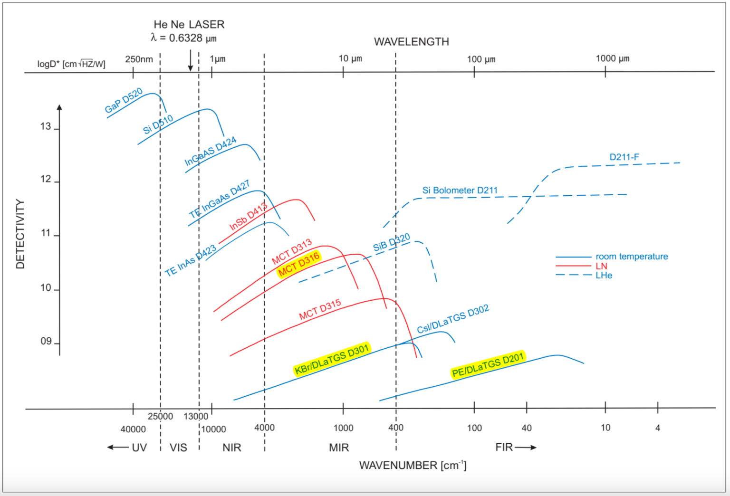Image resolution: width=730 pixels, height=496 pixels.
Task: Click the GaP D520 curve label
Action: pos(124,101)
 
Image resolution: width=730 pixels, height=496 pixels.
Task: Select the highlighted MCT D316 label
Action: pos(299,264)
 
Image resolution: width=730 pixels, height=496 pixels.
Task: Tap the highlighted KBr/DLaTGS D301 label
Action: pos(331,360)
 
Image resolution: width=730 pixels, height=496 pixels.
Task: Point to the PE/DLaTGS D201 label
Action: pos(488,365)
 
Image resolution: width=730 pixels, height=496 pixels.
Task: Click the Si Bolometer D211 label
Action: pos(460,191)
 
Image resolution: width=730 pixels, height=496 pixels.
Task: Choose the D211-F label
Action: pos(624,157)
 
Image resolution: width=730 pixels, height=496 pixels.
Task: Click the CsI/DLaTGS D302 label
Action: pos(453,319)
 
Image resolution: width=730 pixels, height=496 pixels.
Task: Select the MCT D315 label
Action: pos(320,309)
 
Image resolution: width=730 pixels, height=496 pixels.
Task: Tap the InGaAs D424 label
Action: pos(210,151)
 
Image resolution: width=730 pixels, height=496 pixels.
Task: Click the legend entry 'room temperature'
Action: pos(631,257)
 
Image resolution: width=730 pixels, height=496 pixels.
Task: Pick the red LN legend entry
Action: pos(601,266)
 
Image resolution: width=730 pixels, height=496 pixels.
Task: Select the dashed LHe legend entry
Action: pos(604,276)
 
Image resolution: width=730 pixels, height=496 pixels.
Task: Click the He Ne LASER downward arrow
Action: pos(190,60)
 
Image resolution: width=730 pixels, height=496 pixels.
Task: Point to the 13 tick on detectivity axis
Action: pos(46,126)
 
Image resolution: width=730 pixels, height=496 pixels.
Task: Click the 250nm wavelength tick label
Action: pos(139,59)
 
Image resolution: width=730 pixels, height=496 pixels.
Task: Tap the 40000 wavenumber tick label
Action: pos(133,429)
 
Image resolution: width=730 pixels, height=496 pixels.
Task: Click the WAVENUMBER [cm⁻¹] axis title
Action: pos(413,465)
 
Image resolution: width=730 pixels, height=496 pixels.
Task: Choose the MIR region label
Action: pos(339,448)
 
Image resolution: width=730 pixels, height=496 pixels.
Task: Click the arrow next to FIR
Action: pos(526,448)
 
